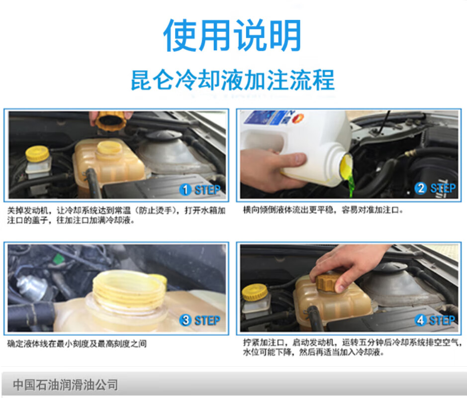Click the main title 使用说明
[232, 35]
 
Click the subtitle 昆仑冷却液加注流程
[233, 80]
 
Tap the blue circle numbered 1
[185, 190]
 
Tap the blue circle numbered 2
[421, 188]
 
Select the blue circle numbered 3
[185, 320]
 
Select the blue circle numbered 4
[421, 320]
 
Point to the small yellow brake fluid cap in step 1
[37, 154]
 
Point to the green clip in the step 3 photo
[59, 258]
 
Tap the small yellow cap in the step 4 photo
[255, 292]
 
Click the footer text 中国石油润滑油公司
[65, 385]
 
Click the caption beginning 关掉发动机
[116, 215]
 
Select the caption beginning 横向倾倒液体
[323, 210]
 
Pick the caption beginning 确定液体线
[77, 344]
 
